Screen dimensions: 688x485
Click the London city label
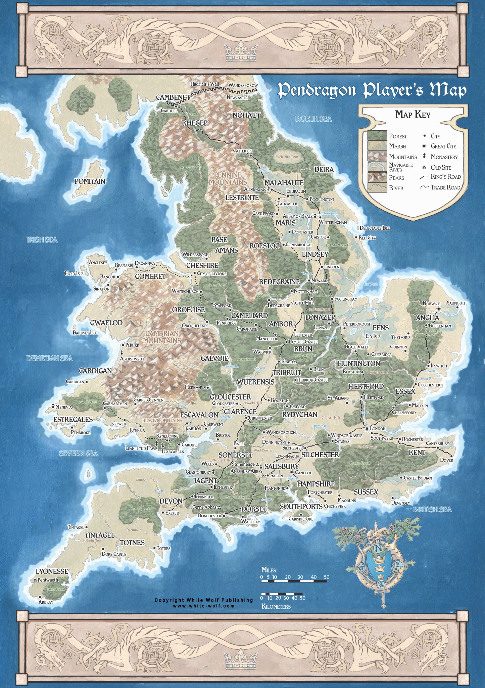pyautogui.click(x=378, y=429)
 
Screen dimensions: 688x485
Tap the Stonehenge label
pyautogui.click(x=243, y=464)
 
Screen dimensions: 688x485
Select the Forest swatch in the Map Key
pyautogui.click(x=377, y=136)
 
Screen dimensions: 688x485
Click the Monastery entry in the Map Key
pyautogui.click(x=444, y=157)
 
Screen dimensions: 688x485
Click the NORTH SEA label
pyautogui.click(x=313, y=119)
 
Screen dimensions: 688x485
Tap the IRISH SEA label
pyautogui.click(x=42, y=240)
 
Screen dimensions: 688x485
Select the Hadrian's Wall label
pyautogui.click(x=204, y=84)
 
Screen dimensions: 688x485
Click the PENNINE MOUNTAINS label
pyautogui.click(x=228, y=179)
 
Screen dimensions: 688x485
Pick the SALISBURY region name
pyautogui.click(x=281, y=466)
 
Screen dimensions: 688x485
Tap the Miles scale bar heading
pyautogui.click(x=269, y=570)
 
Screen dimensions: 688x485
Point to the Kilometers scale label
pyautogui.click(x=276, y=606)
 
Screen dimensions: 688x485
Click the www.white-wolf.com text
pyautogui.click(x=204, y=606)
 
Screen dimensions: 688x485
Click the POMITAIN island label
pyautogui.click(x=90, y=181)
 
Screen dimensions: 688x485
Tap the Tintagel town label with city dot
pyautogui.click(x=76, y=527)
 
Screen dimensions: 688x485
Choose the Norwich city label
pyautogui.click(x=431, y=303)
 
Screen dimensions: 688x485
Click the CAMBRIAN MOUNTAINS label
pyautogui.click(x=162, y=337)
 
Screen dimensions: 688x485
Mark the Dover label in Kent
pyautogui.click(x=446, y=460)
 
